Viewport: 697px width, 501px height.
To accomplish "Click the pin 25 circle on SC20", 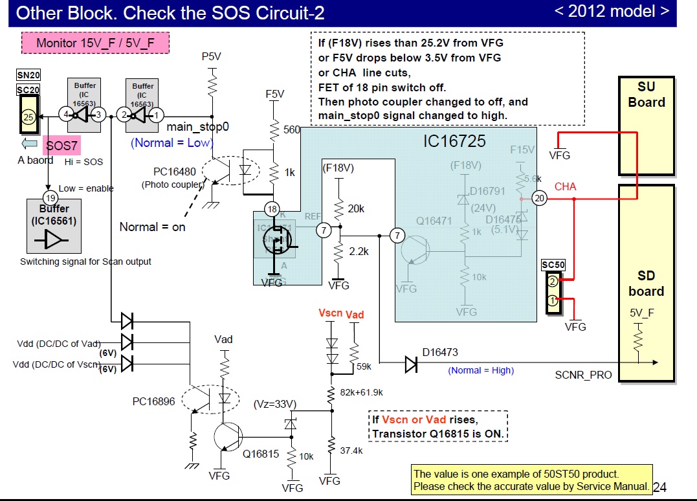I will click(x=28, y=117).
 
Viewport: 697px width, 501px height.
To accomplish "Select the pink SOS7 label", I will click(x=61, y=147).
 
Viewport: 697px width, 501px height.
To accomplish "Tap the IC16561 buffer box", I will click(x=54, y=226).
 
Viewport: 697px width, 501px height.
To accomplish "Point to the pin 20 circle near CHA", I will click(x=540, y=199).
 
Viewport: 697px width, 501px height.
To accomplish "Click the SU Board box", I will click(x=646, y=126).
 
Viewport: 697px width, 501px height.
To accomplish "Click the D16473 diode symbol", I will click(x=411, y=364).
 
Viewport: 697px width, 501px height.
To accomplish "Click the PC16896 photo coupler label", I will click(x=153, y=401).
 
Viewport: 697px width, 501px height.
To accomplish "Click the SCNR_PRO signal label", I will click(x=583, y=375).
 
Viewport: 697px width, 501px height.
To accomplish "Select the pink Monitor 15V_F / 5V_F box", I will click(x=95, y=43).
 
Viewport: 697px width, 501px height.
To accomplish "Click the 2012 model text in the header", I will click(x=612, y=11).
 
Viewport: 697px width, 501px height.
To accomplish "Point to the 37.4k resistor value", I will click(x=351, y=451).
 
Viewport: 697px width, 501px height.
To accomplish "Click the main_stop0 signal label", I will click(x=198, y=127).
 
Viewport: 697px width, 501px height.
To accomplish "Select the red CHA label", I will click(x=565, y=186).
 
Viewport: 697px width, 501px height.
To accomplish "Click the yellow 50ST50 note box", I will click(x=532, y=480).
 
